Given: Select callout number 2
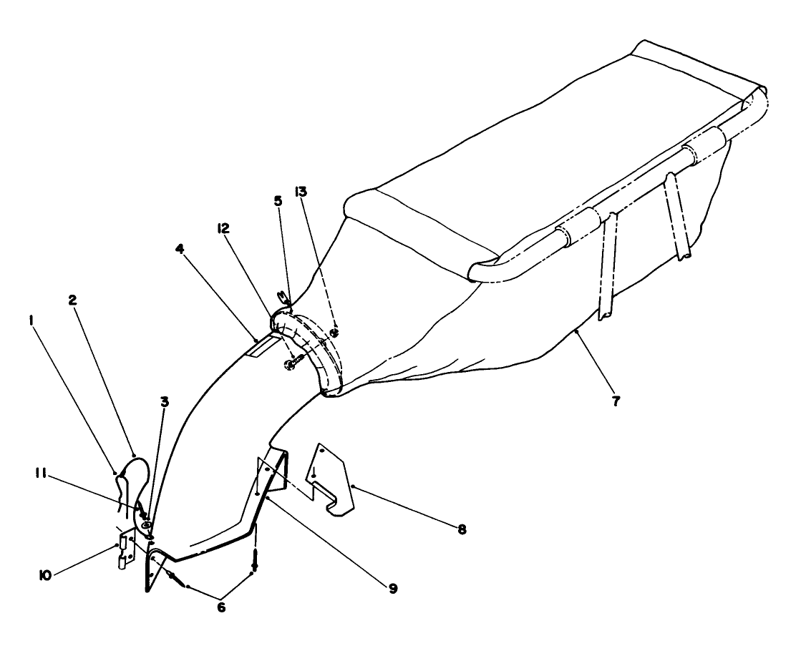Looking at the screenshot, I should [x=72, y=300].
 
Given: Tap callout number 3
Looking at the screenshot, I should [x=165, y=402].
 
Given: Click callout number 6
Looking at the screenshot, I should [x=221, y=607].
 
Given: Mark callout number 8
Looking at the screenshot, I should [x=462, y=530].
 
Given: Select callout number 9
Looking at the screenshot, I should [x=392, y=588].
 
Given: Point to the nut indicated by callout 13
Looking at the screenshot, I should [x=334, y=332].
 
